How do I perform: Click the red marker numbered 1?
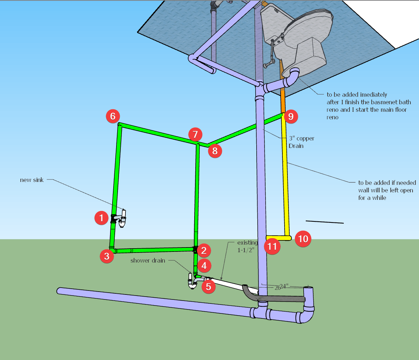pyautogui.click(x=101, y=218)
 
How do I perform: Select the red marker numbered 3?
pyautogui.click(x=107, y=256)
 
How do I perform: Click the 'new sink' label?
pyautogui.click(x=32, y=180)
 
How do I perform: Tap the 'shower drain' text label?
pyautogui.click(x=148, y=260)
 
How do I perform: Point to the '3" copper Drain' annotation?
pyautogui.click(x=297, y=142)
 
